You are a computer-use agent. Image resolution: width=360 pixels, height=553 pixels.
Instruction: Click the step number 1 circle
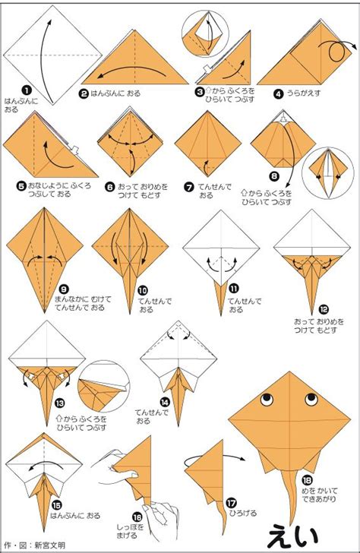click(27, 90)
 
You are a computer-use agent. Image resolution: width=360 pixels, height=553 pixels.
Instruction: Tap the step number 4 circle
click(279, 94)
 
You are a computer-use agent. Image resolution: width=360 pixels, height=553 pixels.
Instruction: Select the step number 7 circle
click(189, 187)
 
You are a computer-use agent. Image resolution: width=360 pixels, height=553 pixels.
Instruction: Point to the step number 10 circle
click(143, 291)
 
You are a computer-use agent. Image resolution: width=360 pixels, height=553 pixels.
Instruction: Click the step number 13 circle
click(60, 403)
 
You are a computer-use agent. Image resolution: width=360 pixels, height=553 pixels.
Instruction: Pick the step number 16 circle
click(137, 517)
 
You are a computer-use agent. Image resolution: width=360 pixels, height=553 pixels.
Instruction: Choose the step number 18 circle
click(307, 480)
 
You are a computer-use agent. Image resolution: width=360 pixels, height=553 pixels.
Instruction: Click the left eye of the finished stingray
click(267, 400)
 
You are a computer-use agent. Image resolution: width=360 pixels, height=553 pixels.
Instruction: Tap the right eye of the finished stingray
click(311, 400)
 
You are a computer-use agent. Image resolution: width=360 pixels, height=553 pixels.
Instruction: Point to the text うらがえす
click(304, 93)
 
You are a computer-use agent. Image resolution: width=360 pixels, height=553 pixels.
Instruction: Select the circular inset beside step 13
click(104, 386)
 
